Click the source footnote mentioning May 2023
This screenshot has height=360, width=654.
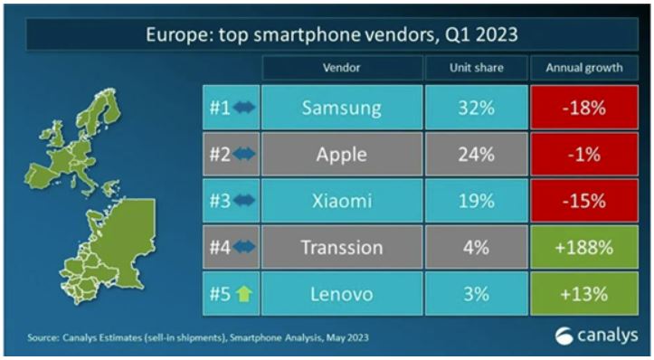click(x=200, y=337)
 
